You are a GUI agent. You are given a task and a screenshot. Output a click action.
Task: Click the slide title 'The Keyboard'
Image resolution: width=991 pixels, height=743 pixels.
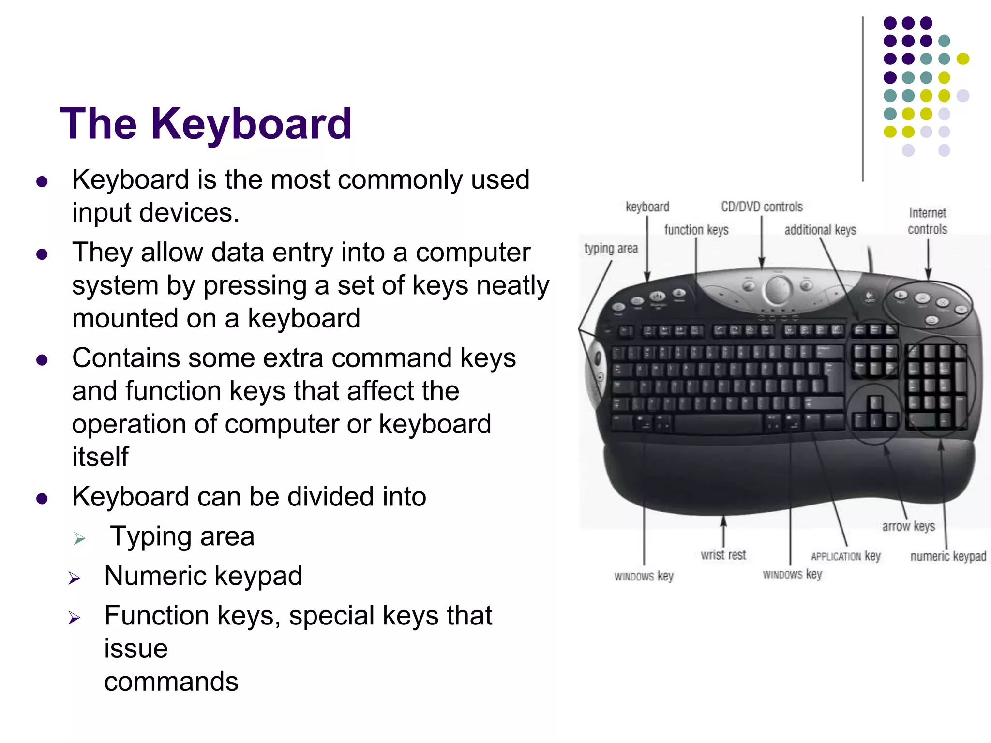point(206,124)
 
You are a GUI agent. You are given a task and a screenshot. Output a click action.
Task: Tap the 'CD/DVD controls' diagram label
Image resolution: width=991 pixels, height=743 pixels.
point(762,207)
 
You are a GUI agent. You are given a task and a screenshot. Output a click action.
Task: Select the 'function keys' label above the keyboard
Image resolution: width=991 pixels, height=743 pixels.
point(696,230)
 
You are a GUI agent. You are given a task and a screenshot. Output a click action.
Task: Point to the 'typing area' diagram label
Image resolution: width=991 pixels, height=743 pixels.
point(611,249)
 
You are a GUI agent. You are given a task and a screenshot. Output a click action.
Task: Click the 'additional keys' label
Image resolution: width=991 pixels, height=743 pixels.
point(820,230)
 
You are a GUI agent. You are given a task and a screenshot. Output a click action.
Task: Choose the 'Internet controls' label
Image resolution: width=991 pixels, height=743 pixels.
point(927,221)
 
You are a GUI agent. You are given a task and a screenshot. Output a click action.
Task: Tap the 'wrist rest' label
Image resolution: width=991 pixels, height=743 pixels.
point(723,555)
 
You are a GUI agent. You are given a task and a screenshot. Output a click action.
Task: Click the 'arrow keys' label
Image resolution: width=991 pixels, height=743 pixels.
point(908,526)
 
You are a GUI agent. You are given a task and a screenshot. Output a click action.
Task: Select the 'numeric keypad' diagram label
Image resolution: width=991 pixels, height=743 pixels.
point(948,556)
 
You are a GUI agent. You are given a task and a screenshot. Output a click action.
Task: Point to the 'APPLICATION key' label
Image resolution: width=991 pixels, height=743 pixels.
point(845,556)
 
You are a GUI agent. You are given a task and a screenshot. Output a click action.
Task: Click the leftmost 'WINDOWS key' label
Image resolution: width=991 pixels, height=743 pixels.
point(644,576)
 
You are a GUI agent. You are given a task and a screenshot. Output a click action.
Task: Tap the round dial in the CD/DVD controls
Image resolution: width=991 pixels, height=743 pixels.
point(778,289)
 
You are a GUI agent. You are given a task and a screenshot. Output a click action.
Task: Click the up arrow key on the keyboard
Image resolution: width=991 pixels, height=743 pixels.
point(875,402)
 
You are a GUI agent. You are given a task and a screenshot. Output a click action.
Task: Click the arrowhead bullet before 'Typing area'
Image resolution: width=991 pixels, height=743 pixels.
point(79,538)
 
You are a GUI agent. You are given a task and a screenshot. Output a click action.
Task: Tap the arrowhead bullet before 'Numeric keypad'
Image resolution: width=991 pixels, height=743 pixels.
point(74,578)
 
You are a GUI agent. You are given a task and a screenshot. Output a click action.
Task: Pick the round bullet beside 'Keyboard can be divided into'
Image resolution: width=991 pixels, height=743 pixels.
point(42,499)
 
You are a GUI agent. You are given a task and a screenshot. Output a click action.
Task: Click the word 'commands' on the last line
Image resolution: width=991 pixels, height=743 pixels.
point(171,682)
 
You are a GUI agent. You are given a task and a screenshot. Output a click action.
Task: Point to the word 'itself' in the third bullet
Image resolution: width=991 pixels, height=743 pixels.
point(100,457)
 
